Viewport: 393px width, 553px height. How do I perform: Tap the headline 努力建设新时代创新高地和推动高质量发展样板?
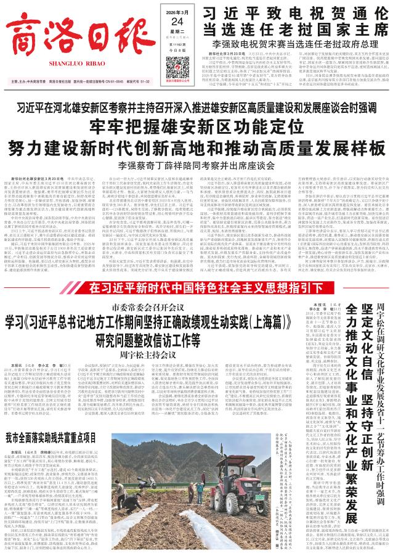[x=197, y=148]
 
